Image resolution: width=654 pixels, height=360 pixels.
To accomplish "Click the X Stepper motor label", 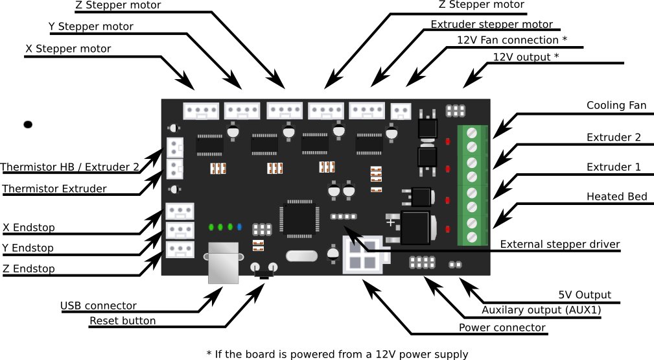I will tap(68, 49).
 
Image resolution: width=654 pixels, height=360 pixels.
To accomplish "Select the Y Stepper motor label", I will tap(91, 27).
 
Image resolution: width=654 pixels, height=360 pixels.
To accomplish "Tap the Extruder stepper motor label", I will tap(492, 25).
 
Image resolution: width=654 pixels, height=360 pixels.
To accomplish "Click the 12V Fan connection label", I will tap(512, 40).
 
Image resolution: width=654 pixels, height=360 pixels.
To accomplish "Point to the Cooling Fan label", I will tap(616, 106).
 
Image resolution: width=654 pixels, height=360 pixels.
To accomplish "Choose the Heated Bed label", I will tap(616, 197).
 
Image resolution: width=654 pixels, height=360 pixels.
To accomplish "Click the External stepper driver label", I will tap(560, 245).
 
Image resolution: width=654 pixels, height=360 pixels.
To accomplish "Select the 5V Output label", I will tap(585, 294).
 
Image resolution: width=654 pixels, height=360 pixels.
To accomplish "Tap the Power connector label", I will tap(502, 328).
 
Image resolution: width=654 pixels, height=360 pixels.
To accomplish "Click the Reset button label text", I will tap(123, 320).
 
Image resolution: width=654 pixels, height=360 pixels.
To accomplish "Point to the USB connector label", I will tap(99, 306).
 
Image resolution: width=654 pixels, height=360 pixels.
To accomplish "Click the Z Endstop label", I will tap(29, 269).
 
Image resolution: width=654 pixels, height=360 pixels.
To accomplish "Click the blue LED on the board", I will tap(240, 227).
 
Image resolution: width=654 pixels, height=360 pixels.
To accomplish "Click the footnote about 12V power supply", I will tap(337, 354).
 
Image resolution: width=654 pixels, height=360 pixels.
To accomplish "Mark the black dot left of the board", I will tap(28, 124).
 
